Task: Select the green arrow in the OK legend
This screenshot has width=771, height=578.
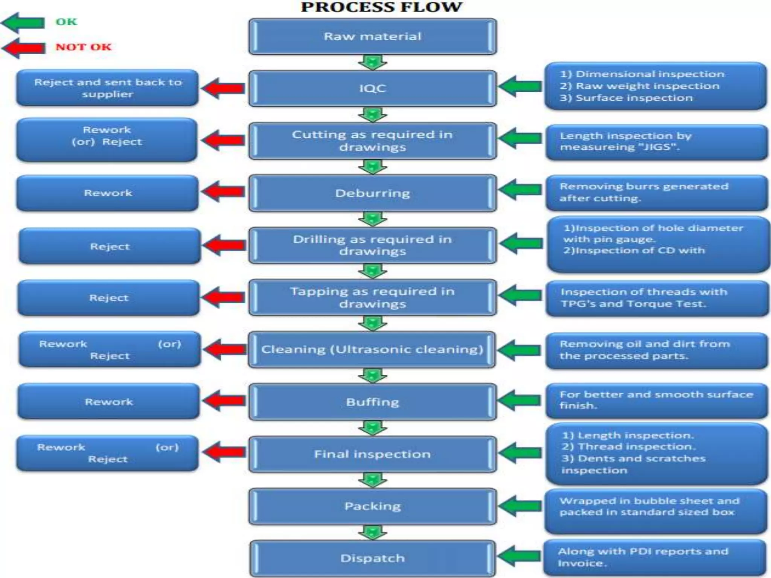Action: (23, 22)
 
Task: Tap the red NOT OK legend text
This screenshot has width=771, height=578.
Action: (84, 47)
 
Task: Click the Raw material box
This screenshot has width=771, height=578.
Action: (372, 37)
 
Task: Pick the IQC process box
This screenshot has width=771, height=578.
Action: (372, 88)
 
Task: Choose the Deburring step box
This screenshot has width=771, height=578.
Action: (372, 193)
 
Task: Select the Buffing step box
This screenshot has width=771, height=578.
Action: (372, 402)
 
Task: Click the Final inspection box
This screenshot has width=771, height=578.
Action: (372, 454)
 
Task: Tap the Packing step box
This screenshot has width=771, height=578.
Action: (372, 506)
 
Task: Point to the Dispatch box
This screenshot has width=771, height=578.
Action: (372, 558)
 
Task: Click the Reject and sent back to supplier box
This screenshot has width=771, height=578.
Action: (107, 88)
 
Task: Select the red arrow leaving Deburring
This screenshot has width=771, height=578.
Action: (224, 191)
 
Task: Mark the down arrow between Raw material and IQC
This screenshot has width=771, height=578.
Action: (372, 62)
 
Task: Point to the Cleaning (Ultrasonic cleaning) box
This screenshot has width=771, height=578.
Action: (372, 350)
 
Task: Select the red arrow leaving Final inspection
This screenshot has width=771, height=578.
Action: (224, 452)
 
